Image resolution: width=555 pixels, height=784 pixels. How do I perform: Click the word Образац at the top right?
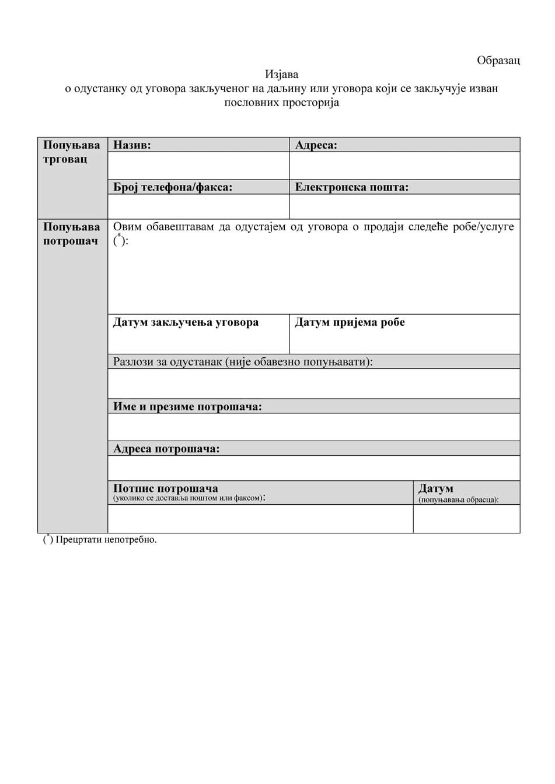498,60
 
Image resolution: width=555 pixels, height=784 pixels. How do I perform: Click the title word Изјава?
281,74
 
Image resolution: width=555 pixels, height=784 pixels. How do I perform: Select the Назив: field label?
132,145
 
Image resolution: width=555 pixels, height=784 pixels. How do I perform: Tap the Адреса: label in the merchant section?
316,145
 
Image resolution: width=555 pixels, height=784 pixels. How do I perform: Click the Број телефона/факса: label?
173,187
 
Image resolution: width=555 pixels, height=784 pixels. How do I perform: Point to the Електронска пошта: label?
351,187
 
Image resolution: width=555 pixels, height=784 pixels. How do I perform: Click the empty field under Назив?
198,166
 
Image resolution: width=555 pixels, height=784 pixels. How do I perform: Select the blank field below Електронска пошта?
404,206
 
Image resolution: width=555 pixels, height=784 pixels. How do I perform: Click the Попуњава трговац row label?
72,152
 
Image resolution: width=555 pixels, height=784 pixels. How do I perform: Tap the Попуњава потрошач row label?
72,234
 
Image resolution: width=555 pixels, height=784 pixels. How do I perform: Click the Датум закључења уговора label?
186,322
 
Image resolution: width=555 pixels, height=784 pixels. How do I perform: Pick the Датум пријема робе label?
350,322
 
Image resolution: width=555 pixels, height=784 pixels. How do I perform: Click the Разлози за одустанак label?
243,361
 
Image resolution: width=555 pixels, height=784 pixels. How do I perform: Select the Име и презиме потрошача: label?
187,406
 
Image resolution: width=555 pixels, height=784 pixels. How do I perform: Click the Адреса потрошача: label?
166,449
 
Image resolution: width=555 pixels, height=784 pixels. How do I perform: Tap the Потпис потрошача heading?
166,488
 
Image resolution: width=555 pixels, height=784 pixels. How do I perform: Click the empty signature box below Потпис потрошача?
260,519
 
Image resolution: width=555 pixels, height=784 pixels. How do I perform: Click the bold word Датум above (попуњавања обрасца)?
435,488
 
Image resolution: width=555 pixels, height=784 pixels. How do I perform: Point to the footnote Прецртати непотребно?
106,539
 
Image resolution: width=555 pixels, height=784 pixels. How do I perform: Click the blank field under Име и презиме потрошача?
313,427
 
